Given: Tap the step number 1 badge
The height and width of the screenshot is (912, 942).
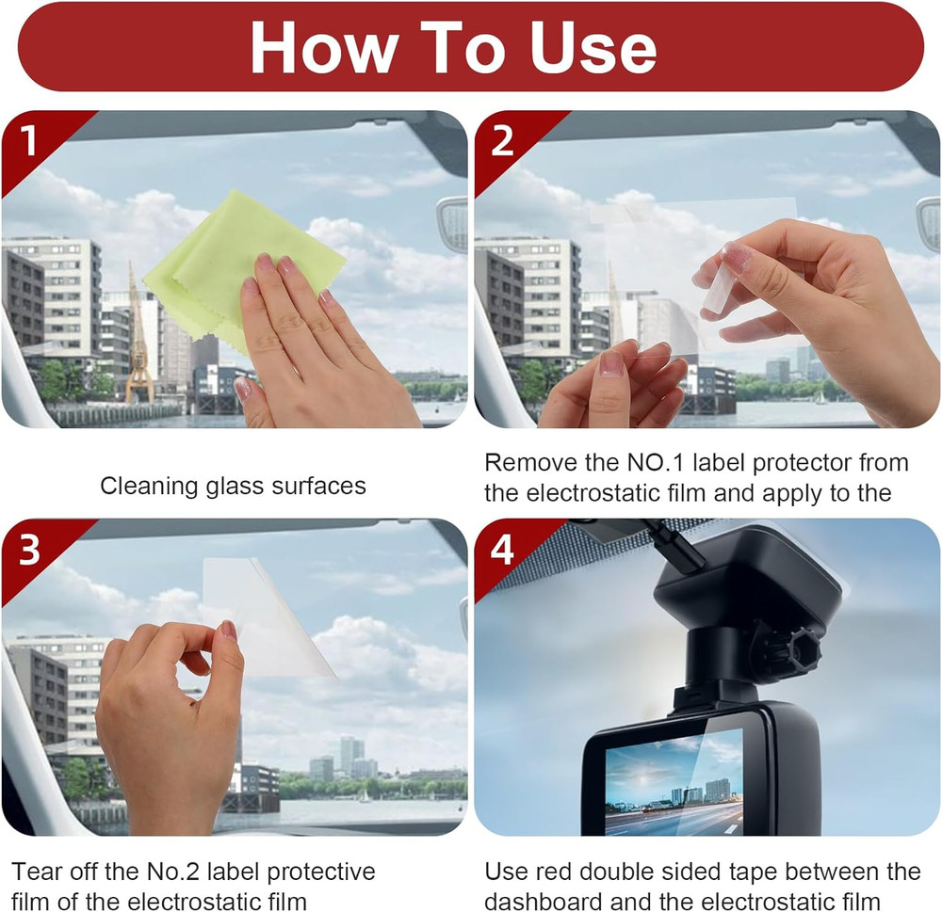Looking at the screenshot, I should pyautogui.click(x=29, y=141).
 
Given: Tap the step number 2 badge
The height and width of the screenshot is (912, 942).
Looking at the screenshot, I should pyautogui.click(x=503, y=141).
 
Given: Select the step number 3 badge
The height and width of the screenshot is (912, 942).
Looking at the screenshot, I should pyautogui.click(x=29, y=550).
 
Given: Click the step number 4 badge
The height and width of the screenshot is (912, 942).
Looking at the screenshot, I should pyautogui.click(x=503, y=550).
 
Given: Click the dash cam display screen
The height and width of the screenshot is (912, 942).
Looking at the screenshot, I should pyautogui.click(x=673, y=780).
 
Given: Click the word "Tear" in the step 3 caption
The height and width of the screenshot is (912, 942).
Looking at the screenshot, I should pyautogui.click(x=37, y=872).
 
